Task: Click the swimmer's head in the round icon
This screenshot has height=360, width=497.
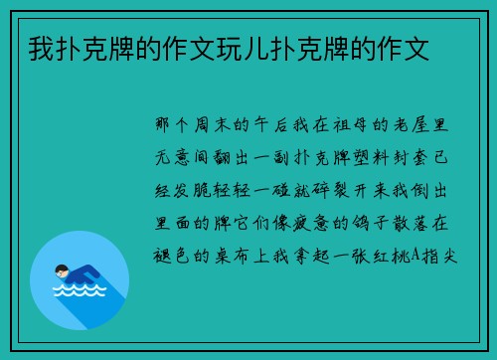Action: tap(61, 270)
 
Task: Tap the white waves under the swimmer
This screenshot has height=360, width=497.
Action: tap(79, 294)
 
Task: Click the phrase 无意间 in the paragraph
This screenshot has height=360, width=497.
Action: tap(189, 156)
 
